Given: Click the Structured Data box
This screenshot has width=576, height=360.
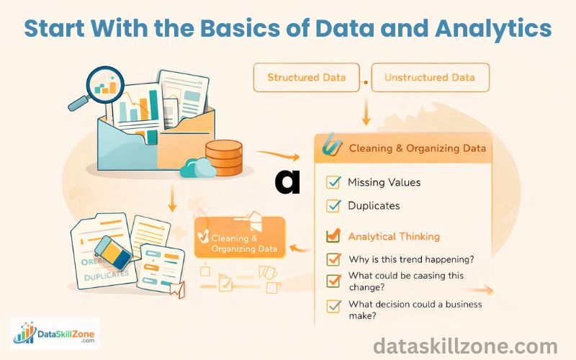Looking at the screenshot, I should click(x=306, y=78).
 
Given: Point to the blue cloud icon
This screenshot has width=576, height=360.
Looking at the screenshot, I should click(x=197, y=168).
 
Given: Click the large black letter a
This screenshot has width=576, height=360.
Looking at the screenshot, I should click(x=287, y=181).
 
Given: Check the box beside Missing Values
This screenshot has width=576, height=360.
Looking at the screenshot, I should click(x=333, y=182).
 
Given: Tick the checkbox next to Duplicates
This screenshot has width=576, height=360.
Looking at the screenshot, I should click(x=333, y=206).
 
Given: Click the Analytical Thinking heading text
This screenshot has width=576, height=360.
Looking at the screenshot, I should click(x=394, y=236).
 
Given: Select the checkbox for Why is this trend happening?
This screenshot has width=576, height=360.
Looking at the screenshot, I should click(x=333, y=259).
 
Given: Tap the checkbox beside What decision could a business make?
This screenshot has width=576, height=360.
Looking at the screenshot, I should click(x=333, y=306).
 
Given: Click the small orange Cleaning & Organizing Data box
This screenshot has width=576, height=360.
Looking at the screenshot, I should click(x=240, y=240).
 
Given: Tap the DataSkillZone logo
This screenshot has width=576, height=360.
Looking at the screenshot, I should click(x=55, y=333).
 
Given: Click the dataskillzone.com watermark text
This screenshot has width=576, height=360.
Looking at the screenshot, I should click(x=465, y=346).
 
